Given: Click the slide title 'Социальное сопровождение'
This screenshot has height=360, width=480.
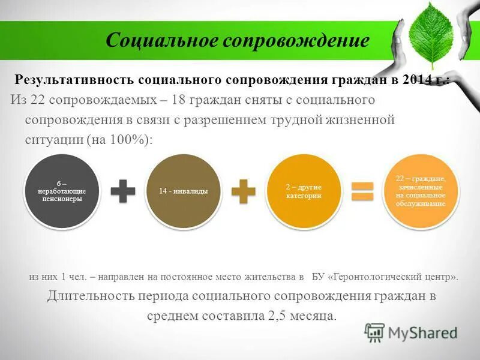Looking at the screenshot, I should click(237, 41).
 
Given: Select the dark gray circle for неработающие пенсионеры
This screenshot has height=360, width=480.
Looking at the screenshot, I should click(62, 190).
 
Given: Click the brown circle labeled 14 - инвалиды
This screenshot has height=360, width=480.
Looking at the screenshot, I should click(184, 190).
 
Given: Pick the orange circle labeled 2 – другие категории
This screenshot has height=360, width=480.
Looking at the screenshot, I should click(304, 190).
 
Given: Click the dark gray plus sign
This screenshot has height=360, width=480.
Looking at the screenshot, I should click(123, 191).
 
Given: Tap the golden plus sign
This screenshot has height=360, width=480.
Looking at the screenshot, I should click(243, 191).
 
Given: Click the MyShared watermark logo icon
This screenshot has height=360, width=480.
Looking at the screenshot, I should click(374, 332).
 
